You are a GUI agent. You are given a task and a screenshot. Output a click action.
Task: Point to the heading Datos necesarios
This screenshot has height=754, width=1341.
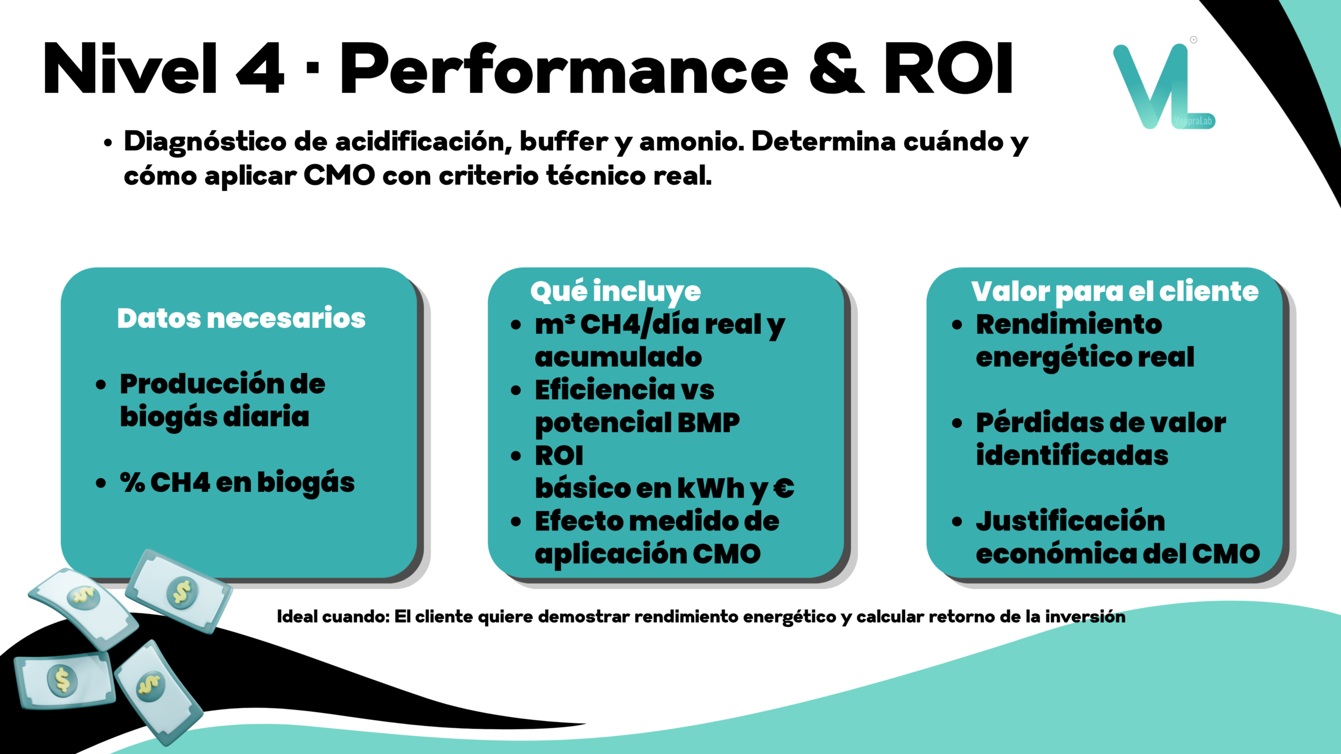pyautogui.click(x=241, y=318)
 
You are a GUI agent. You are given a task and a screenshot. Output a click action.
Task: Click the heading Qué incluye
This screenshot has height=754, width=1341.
pyautogui.click(x=615, y=292)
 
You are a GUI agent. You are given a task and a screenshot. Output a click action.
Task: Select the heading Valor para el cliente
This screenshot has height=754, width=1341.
pyautogui.click(x=1115, y=292)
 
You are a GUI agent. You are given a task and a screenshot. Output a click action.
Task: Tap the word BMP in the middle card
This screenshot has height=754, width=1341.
pyautogui.click(x=709, y=423)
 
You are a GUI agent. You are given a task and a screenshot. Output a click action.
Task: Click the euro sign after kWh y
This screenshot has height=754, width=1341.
pyautogui.click(x=784, y=488)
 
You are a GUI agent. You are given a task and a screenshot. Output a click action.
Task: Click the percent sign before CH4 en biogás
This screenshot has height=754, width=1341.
pyautogui.click(x=133, y=482)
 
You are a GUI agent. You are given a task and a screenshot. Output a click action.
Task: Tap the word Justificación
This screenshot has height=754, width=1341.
pyautogui.click(x=1071, y=521)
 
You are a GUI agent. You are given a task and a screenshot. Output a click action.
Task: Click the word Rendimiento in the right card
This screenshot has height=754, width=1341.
pyautogui.click(x=1069, y=324)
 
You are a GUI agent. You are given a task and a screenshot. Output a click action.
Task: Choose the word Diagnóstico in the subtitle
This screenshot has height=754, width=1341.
pyautogui.click(x=205, y=142)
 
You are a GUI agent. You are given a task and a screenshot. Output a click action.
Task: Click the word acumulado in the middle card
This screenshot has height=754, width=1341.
pyautogui.click(x=618, y=357)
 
